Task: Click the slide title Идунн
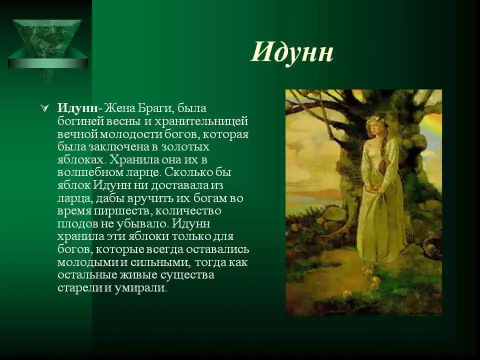(292, 51)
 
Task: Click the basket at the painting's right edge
(433, 245)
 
